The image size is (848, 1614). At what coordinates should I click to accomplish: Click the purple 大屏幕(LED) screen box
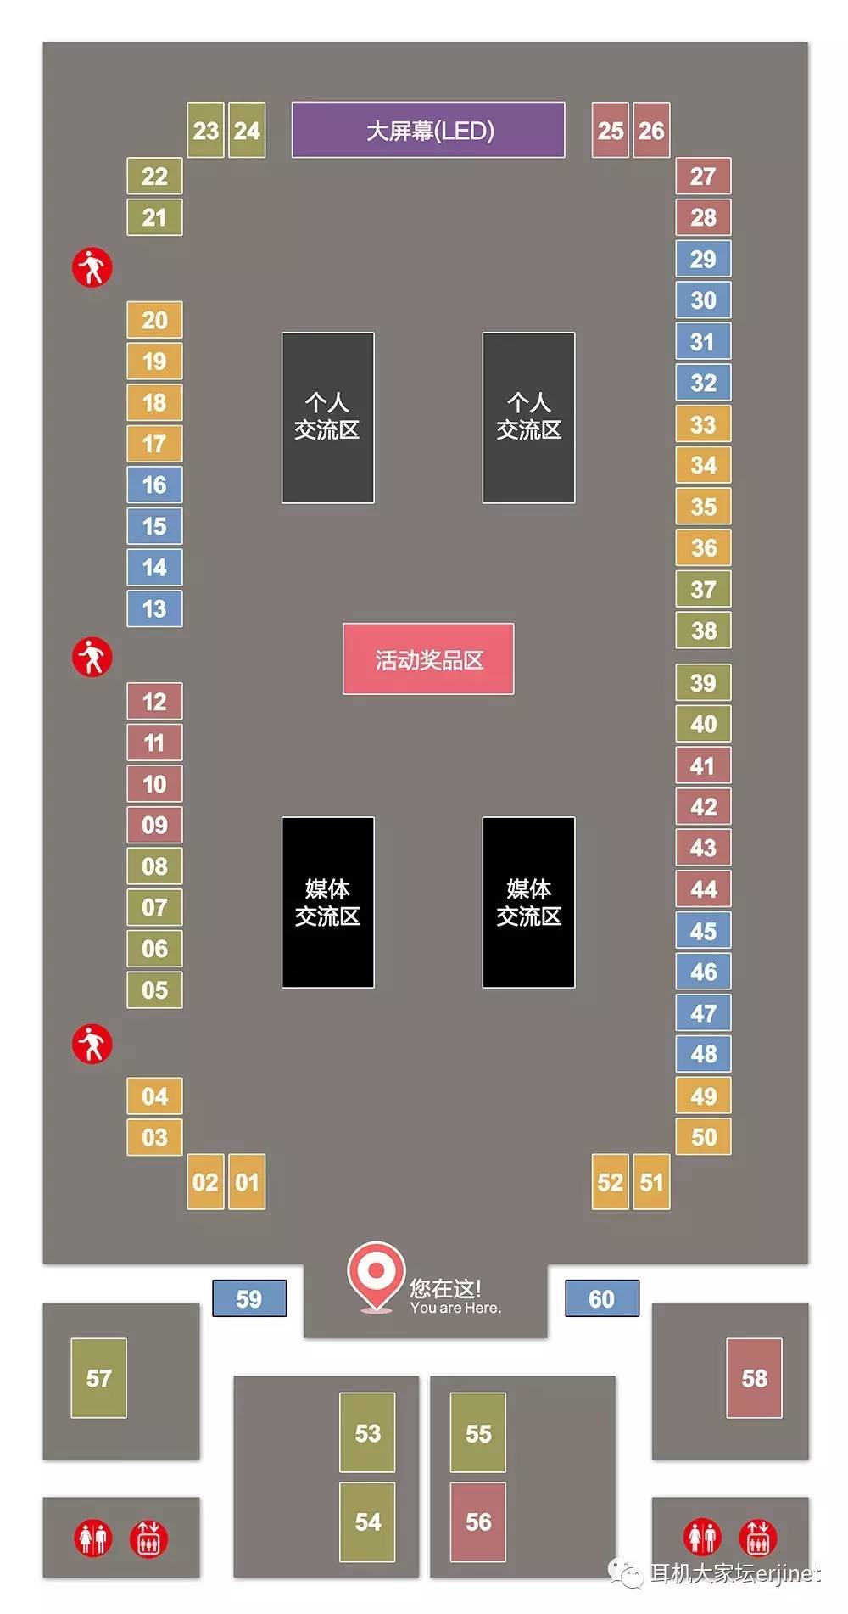coord(428,130)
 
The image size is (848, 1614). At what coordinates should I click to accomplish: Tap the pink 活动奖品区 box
coord(428,659)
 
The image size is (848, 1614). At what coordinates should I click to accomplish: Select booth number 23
coord(205,131)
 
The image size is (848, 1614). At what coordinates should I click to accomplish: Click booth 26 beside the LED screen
coord(651,131)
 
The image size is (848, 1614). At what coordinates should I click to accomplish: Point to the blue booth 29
coord(703,259)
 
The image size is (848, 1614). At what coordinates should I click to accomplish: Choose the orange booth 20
coord(154,320)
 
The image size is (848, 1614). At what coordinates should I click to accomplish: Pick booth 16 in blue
coord(154,485)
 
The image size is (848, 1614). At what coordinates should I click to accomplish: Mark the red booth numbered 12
coord(154,702)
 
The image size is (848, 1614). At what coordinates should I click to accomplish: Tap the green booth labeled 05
coord(154,989)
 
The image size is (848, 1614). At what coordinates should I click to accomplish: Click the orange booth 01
coord(247,1182)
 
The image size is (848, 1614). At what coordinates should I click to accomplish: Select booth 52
coord(610,1182)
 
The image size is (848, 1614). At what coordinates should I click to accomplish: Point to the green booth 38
coord(703,630)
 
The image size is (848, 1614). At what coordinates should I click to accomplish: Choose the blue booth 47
coord(703,1013)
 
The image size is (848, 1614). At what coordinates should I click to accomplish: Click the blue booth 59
coord(249,1298)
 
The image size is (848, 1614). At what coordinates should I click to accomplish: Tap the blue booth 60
coord(602,1298)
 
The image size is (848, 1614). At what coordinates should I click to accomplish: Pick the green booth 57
coord(98,1378)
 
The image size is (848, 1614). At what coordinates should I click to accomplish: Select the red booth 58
coord(754,1378)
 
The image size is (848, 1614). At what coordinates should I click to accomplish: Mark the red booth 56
coord(478,1522)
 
